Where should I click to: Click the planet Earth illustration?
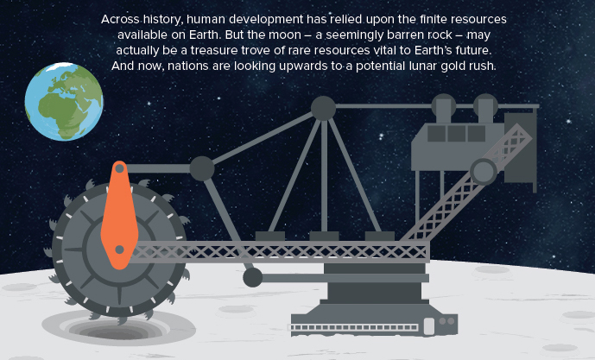(63, 103)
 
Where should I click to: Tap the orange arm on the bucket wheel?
(118, 216)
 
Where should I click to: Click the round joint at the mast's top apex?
(322, 109)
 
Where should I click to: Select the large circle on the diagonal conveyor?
(483, 170)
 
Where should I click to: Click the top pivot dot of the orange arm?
(119, 167)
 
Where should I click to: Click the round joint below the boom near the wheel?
(252, 277)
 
